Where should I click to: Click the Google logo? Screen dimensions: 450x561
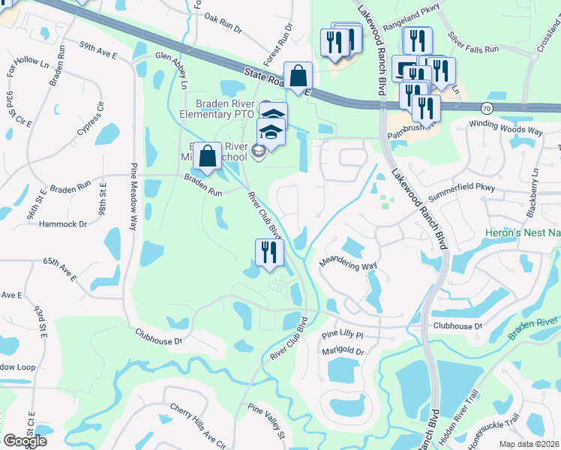coord(25,441)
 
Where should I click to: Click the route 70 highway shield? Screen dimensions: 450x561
coord(487,108)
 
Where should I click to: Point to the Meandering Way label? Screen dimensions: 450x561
coord(348,264)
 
